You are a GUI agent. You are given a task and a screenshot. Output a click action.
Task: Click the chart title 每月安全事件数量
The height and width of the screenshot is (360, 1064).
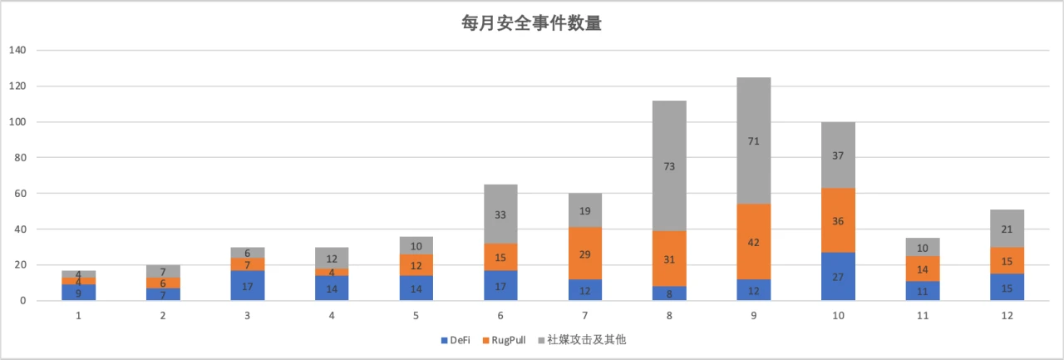point(531,22)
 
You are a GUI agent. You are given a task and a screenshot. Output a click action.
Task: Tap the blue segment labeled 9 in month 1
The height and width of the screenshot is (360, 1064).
point(79,293)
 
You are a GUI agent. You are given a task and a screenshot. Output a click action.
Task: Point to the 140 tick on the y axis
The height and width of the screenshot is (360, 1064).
point(17,50)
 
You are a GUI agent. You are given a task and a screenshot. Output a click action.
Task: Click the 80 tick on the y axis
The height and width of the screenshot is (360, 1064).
point(21,157)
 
